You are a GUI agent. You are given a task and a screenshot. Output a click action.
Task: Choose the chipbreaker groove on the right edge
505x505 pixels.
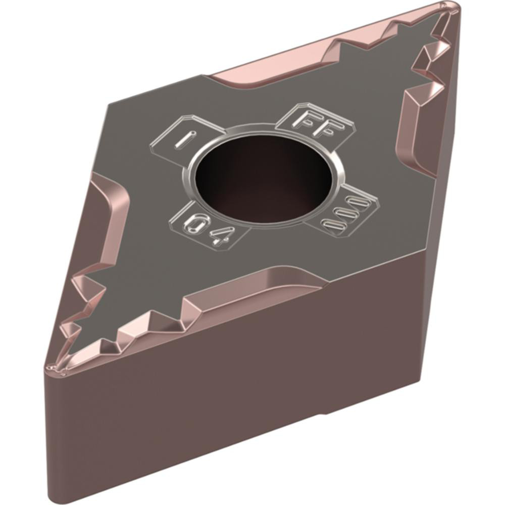click(412, 126)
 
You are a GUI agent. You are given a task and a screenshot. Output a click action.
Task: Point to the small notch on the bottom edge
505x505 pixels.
click(323, 415)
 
